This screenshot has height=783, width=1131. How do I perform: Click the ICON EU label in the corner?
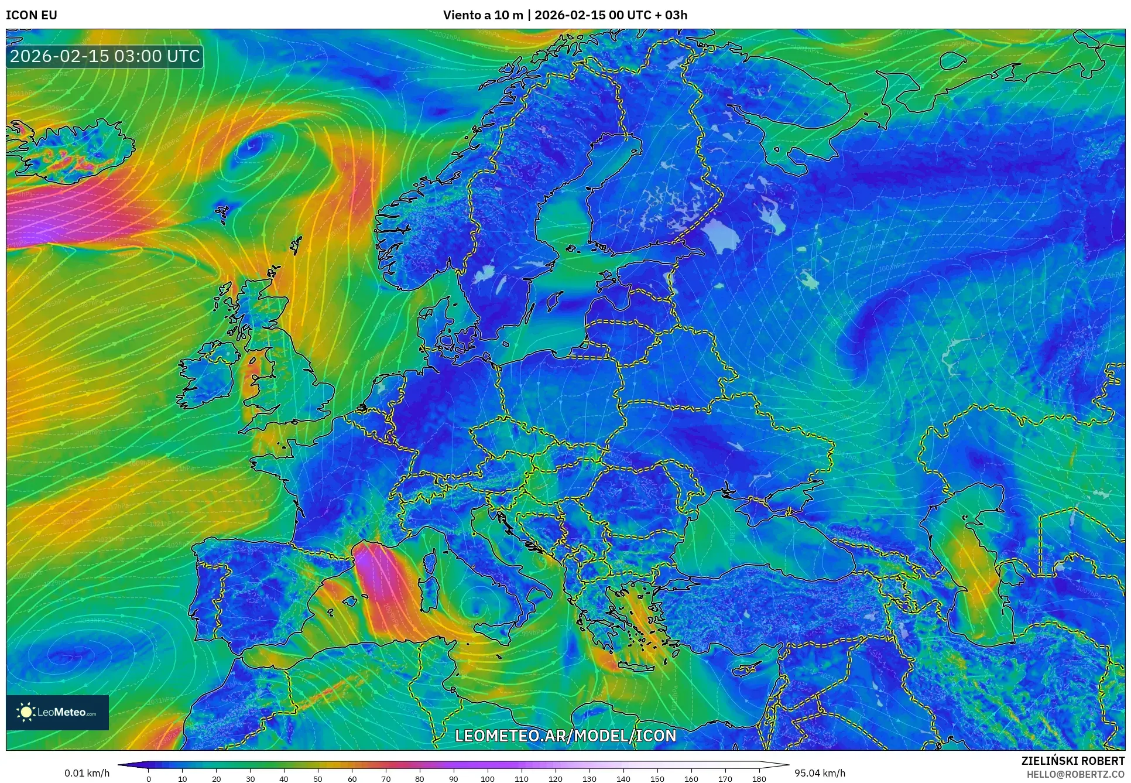(32, 15)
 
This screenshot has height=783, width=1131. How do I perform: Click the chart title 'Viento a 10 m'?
(482, 15)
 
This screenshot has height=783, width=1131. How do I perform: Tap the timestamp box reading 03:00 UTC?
(105, 56)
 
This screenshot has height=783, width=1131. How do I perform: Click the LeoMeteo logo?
(57, 712)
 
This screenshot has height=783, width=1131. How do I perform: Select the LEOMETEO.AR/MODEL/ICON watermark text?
(565, 736)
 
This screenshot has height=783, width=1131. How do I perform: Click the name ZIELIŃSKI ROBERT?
(1072, 761)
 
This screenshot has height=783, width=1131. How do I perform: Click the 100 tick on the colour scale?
(488, 779)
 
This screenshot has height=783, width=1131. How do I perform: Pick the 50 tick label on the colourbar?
(318, 779)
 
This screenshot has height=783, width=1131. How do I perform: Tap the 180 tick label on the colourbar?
(759, 779)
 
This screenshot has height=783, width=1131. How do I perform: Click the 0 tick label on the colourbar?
(149, 779)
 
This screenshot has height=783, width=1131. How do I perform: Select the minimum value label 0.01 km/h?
(87, 773)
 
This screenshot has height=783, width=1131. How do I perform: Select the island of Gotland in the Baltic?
(551, 302)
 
